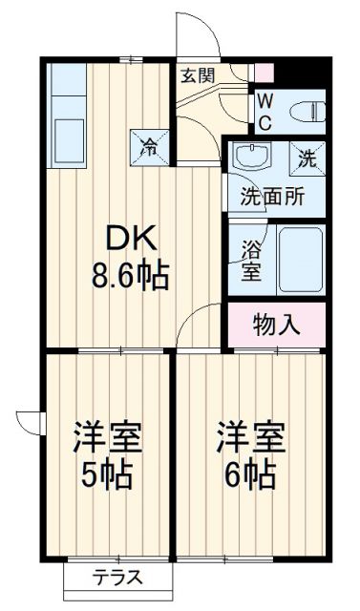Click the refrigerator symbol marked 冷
pos(150,145)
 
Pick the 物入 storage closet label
pos(277,325)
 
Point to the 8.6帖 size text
pos(131,276)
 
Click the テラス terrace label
pos(118,578)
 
